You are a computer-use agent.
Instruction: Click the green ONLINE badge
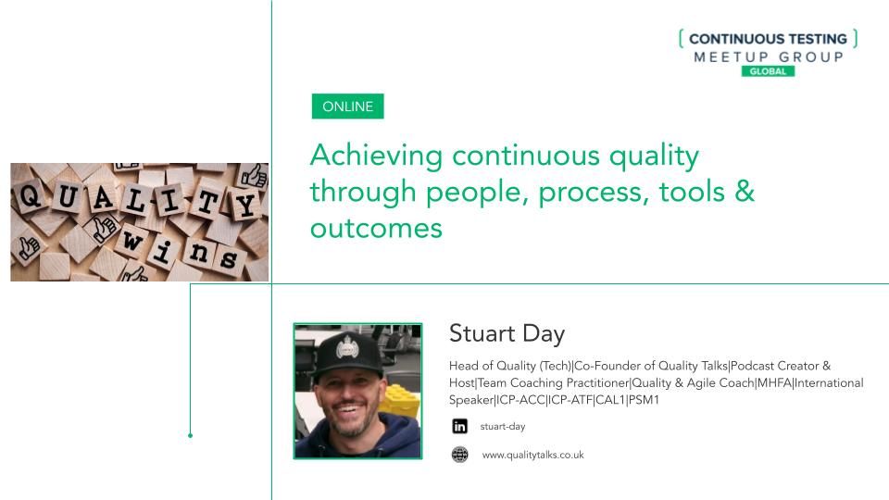click(x=347, y=106)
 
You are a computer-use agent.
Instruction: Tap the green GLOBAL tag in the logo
click(x=768, y=71)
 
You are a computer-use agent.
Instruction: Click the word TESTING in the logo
click(x=818, y=39)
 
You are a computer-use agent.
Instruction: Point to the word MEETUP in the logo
click(x=731, y=56)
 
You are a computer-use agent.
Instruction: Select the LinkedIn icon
click(x=460, y=426)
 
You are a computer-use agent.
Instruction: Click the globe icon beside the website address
click(x=460, y=455)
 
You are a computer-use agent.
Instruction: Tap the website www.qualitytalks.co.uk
click(x=533, y=455)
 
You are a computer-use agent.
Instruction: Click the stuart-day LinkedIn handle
click(x=502, y=426)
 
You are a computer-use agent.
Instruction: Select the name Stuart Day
click(x=507, y=333)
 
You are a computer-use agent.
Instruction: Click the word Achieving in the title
click(x=377, y=156)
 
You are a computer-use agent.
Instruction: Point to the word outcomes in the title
click(x=376, y=229)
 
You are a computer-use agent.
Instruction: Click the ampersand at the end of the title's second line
click(x=745, y=191)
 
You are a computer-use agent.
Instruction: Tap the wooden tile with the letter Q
click(x=30, y=195)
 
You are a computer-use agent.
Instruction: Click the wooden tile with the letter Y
click(x=245, y=206)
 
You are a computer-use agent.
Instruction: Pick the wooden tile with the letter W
click(x=132, y=241)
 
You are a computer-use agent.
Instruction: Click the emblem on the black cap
click(x=345, y=346)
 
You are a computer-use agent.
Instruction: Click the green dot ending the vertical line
click(x=190, y=435)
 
